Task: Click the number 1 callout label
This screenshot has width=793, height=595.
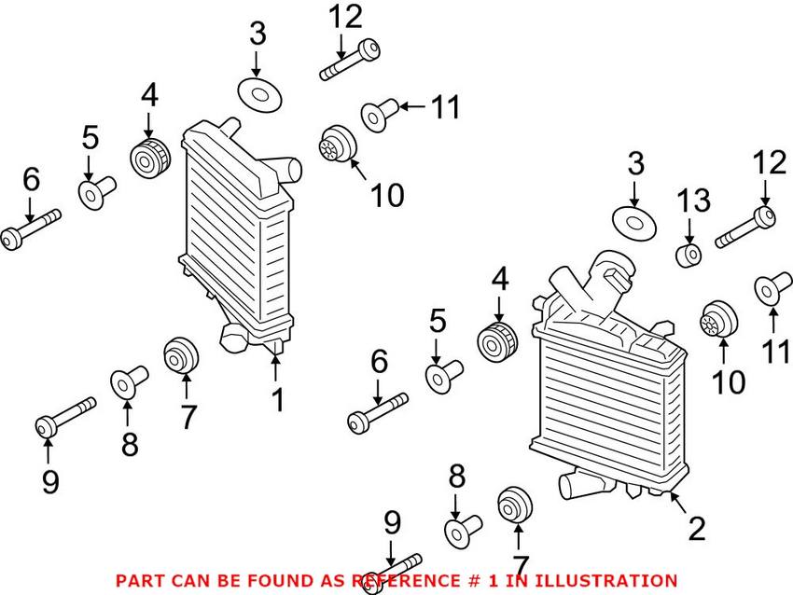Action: [277, 401]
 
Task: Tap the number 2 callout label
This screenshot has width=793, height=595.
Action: [696, 530]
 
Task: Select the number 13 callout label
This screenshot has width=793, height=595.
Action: [693, 201]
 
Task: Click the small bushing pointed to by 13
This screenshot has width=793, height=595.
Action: [689, 255]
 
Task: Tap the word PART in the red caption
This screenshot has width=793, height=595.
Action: [139, 580]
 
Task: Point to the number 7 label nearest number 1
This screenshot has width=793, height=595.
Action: [188, 417]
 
